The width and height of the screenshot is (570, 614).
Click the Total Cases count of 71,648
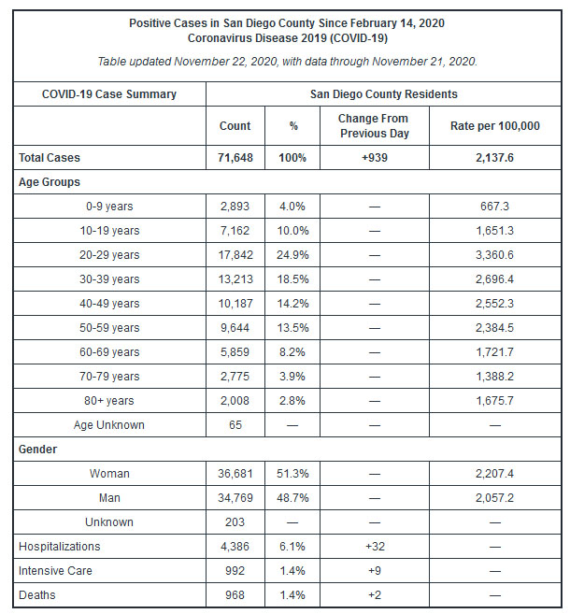point(235,158)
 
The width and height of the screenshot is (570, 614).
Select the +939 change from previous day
point(373,158)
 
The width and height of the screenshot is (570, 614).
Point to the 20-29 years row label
point(111,255)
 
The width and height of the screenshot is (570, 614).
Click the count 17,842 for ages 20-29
point(235,255)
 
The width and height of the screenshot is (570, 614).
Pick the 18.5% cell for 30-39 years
point(292,279)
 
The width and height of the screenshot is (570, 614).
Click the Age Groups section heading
point(50,182)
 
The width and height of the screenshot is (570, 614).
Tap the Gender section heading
point(38,450)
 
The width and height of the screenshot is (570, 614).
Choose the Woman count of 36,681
point(235,474)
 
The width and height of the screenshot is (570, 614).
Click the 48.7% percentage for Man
point(292,498)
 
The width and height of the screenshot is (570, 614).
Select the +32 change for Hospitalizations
point(373,547)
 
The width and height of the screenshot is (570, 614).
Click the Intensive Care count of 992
point(235,571)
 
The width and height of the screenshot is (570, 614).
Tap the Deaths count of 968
point(235,595)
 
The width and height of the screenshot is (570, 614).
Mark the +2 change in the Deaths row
point(373,595)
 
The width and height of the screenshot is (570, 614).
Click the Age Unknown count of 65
point(235,425)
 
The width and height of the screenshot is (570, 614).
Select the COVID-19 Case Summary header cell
point(109,94)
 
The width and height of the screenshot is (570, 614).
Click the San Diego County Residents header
point(383,94)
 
